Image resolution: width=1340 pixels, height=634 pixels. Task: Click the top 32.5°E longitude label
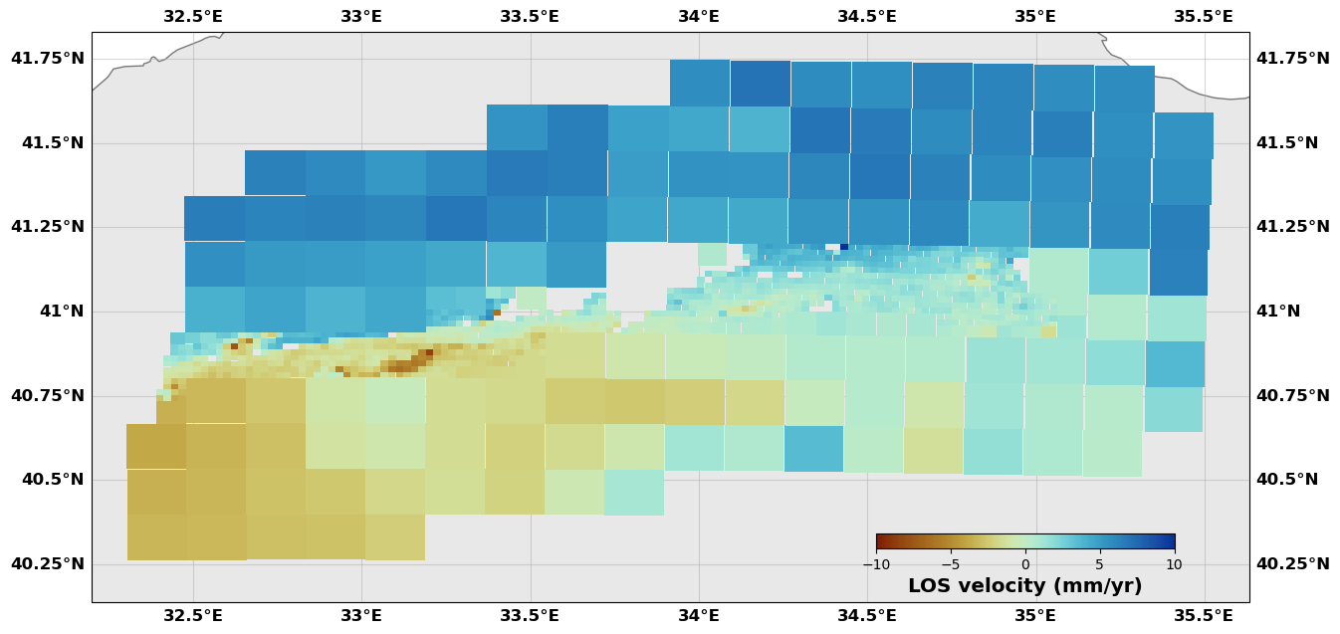[193, 17]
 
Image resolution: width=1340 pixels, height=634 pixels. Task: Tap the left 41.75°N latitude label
[48, 59]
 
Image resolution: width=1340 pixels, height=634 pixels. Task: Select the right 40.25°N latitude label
[1292, 564]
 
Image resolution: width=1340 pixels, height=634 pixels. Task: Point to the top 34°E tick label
[699, 17]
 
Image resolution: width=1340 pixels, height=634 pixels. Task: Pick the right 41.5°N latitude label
[1287, 143]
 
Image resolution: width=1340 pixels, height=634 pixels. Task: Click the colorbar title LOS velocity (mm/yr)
[1024, 587]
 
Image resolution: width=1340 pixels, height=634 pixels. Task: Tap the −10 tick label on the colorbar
[876, 565]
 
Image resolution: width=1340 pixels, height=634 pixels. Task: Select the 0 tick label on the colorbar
[1025, 565]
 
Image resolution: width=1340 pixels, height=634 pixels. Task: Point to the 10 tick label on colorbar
[1174, 565]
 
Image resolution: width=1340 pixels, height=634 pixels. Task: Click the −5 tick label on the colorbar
[951, 565]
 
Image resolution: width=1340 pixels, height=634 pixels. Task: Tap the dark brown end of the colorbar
[880, 542]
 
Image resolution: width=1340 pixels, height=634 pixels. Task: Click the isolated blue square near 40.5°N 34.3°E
[813, 449]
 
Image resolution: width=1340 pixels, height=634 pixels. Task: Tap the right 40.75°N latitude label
[1292, 396]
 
